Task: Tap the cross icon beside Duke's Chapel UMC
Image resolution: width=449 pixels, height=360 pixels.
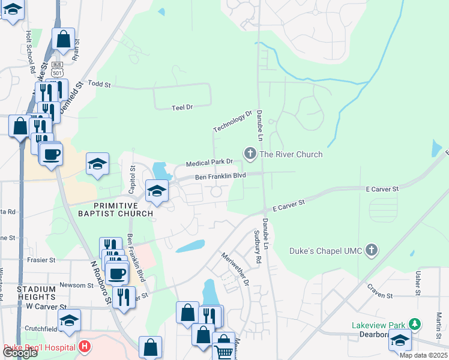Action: click(372, 250)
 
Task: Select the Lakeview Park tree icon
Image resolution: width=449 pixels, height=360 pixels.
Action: click(412, 325)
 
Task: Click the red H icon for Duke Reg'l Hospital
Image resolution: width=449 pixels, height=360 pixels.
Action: click(85, 347)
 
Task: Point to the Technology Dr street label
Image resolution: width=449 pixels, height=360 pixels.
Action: click(232, 122)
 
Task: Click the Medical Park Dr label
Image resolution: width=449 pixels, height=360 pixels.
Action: click(209, 163)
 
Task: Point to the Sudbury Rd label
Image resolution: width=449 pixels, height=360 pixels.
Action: click(258, 247)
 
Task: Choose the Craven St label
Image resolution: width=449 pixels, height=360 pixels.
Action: click(380, 296)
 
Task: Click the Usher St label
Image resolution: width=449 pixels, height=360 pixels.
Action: click(417, 282)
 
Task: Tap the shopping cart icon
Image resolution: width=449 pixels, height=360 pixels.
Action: click(223, 351)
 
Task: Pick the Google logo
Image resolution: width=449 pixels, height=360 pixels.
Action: click(20, 353)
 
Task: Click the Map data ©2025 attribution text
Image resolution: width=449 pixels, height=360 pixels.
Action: click(423, 355)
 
